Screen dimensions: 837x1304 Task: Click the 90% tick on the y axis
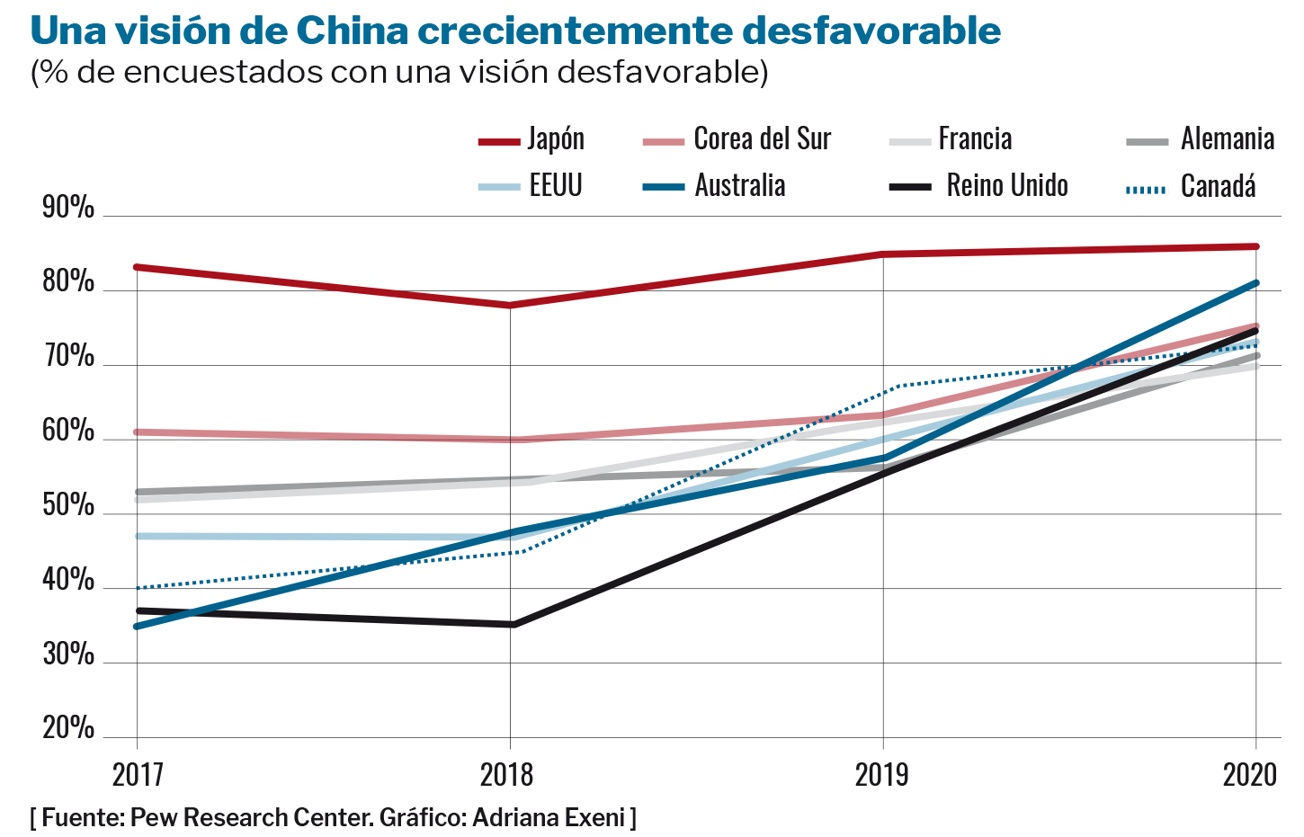pos(68,208)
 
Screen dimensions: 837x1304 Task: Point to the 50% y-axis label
pos(68,506)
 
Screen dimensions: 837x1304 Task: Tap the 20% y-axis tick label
pos(68,728)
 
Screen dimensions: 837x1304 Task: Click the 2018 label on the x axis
pos(507,774)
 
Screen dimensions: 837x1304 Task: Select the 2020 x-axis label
pos(1249,774)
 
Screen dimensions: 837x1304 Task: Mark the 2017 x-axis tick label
pos(138,774)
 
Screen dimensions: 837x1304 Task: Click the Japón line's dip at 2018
pos(510,306)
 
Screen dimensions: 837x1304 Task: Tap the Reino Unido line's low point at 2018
pos(512,624)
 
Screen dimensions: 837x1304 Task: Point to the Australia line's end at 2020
pos(1255,283)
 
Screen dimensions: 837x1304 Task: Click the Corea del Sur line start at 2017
pos(137,432)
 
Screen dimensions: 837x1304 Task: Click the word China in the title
pos(352,31)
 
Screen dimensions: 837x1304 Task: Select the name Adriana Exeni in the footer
pos(548,817)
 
